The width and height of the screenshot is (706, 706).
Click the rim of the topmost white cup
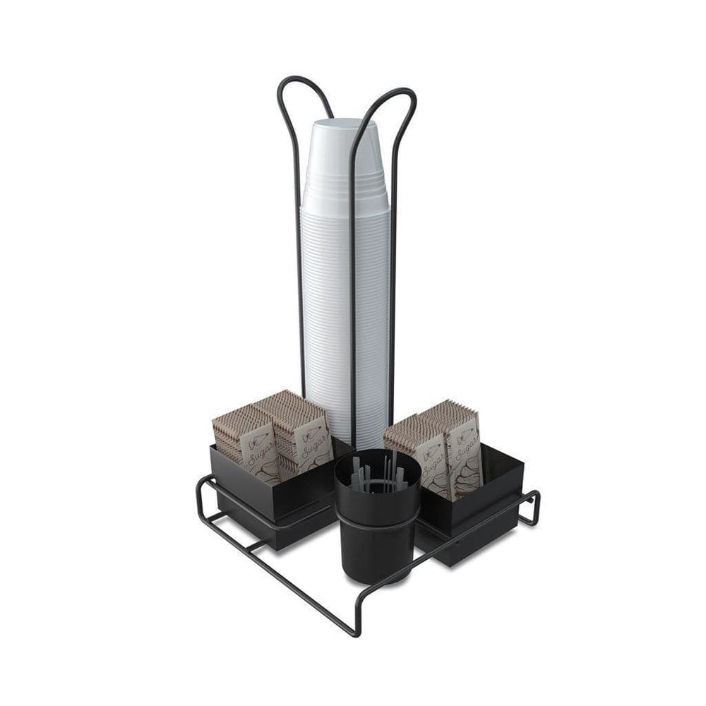tap(346, 124)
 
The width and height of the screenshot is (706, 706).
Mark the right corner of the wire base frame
tap(537, 498)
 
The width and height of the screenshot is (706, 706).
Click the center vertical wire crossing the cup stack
tap(353, 282)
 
